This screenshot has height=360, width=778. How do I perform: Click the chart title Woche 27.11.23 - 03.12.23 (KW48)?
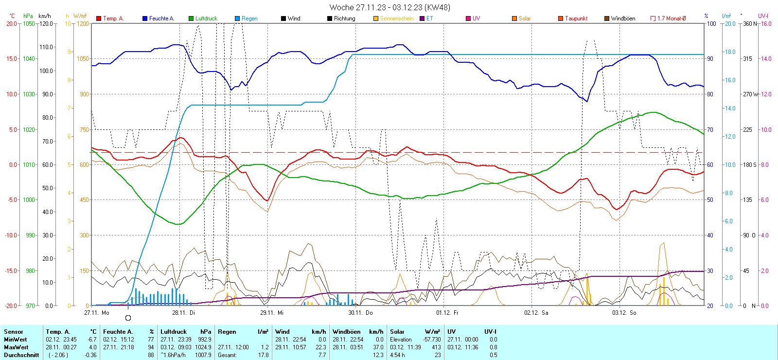(x=389, y=7)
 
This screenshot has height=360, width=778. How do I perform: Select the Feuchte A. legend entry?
(x=161, y=18)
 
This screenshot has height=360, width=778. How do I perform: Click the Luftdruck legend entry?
(x=206, y=18)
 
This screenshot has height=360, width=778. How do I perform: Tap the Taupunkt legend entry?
(x=576, y=18)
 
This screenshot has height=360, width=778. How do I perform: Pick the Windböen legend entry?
(x=623, y=18)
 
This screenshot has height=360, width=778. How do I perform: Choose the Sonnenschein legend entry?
(x=396, y=18)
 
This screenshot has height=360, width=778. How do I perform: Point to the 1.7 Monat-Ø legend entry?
(x=671, y=18)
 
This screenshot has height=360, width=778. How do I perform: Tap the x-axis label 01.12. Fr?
(x=447, y=313)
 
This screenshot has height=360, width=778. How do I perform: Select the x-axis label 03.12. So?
(x=624, y=313)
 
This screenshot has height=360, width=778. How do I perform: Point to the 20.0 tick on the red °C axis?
(x=11, y=23)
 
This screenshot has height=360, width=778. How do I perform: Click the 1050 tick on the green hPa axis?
(x=29, y=23)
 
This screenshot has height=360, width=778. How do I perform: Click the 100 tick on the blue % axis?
(x=711, y=23)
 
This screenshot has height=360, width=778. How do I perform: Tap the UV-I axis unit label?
(x=763, y=16)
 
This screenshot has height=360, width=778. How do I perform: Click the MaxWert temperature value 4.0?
(x=92, y=347)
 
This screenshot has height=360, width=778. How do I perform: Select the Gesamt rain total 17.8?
(x=263, y=355)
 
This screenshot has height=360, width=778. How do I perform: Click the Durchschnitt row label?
(x=21, y=355)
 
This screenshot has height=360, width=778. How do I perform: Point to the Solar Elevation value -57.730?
(x=432, y=340)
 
